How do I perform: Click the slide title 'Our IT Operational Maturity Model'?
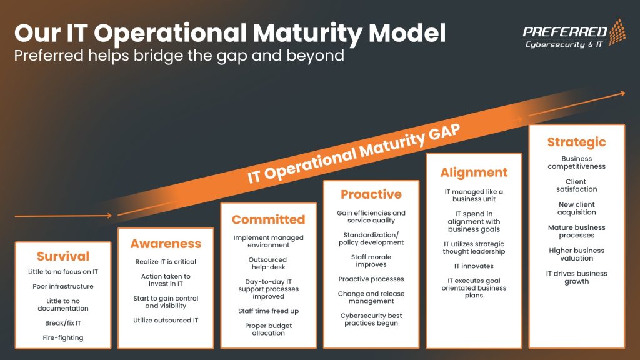click(x=230, y=32)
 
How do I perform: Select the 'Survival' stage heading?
click(x=63, y=256)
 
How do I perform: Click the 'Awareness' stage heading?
click(x=166, y=244)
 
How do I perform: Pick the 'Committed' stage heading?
click(x=268, y=219)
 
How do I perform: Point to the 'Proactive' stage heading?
click(x=371, y=194)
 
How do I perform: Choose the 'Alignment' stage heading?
click(x=474, y=172)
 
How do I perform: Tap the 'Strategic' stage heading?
click(x=576, y=142)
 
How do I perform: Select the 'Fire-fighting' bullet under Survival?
click(x=63, y=337)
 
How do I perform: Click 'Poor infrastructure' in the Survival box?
click(x=63, y=286)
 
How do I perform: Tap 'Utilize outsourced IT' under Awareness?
click(x=166, y=321)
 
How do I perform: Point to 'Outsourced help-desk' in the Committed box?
click(x=268, y=263)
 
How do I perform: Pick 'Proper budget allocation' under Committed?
click(x=268, y=329)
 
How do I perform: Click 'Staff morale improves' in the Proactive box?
click(x=371, y=261)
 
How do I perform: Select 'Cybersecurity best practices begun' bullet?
click(x=371, y=319)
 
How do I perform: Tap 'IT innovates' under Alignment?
click(x=474, y=266)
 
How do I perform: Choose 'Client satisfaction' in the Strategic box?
click(x=576, y=186)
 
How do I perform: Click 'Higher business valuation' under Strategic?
click(x=576, y=254)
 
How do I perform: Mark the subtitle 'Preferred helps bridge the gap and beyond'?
click(x=179, y=55)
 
